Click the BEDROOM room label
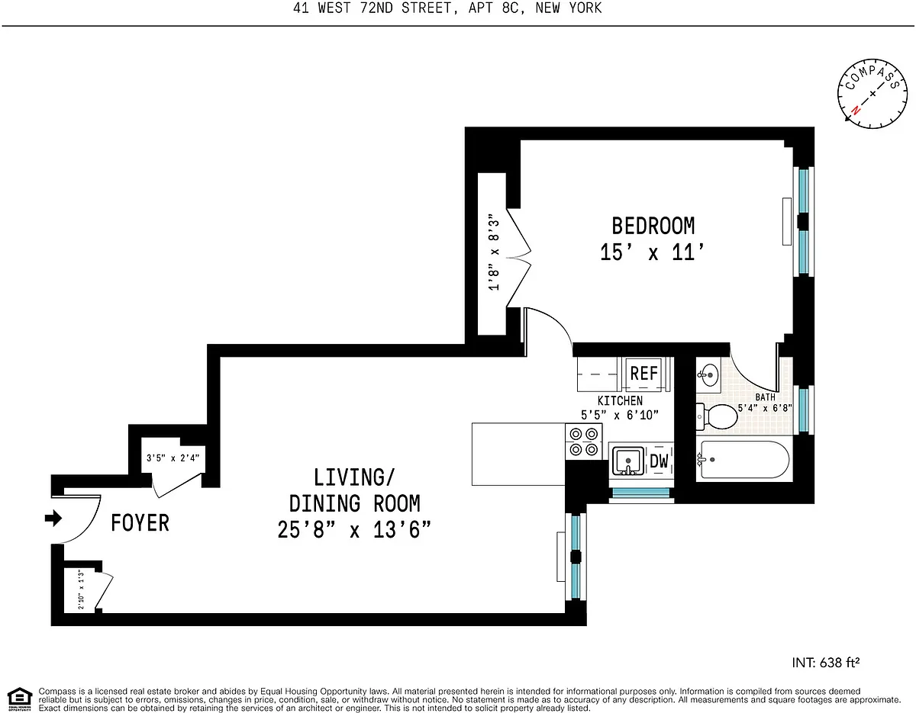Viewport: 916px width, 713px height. point(653,226)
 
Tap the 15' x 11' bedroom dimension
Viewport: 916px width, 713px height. point(652,252)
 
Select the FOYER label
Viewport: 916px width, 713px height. point(140,523)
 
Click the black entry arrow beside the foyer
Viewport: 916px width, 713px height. point(53,518)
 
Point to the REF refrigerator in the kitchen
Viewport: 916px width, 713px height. point(643,374)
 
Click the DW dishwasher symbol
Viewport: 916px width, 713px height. point(660,461)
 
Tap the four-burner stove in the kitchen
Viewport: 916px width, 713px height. point(584,442)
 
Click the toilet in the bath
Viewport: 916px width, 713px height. point(717,416)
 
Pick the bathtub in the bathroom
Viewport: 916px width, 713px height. point(744,460)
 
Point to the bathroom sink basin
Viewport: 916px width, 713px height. point(708,375)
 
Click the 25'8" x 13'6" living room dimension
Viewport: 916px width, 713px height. point(354,530)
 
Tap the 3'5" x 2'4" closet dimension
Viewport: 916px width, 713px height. point(173,458)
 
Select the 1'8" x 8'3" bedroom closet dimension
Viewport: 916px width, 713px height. point(494,255)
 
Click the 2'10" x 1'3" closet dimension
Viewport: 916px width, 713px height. point(82,589)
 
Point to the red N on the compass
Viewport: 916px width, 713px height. point(856,110)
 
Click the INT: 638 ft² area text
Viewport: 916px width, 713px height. point(825,663)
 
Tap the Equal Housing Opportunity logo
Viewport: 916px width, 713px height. point(20,699)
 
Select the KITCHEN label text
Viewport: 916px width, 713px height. point(620,400)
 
